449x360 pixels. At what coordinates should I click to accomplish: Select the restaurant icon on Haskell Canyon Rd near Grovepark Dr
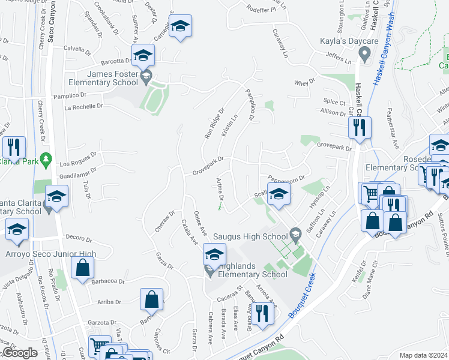tap(360, 128)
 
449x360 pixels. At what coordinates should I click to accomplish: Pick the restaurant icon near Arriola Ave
tap(262, 313)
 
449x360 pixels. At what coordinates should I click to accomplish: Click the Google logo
tap(20, 353)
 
